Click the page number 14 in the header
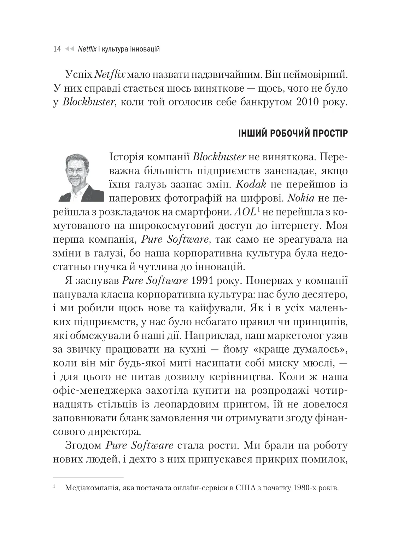point(57,49)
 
